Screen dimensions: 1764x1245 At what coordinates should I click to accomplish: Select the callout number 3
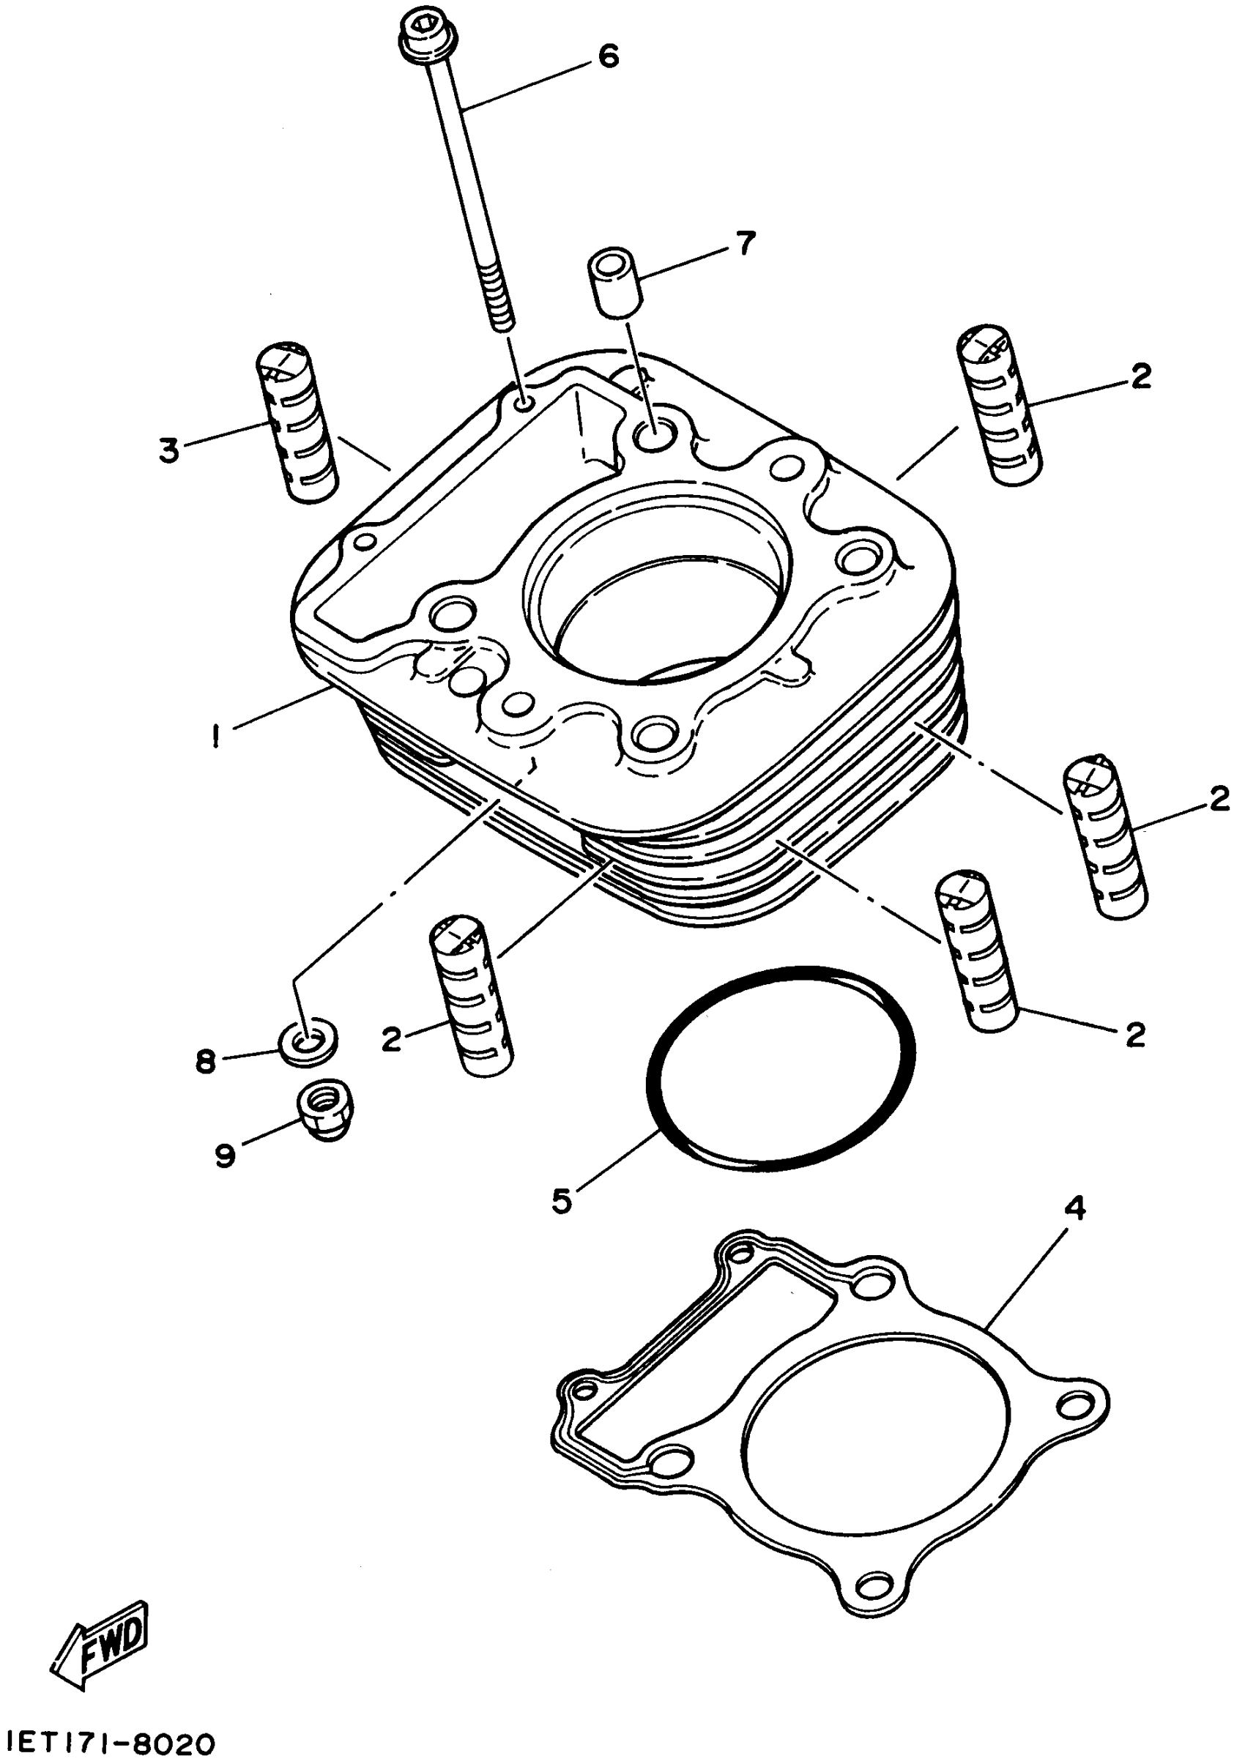(168, 450)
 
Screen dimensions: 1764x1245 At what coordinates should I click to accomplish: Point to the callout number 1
(218, 736)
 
